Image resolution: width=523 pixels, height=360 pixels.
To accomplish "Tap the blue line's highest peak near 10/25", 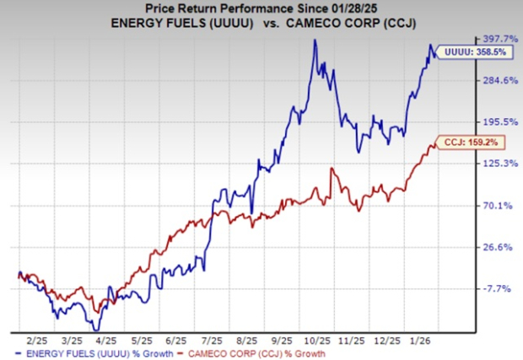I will click(x=315, y=40).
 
